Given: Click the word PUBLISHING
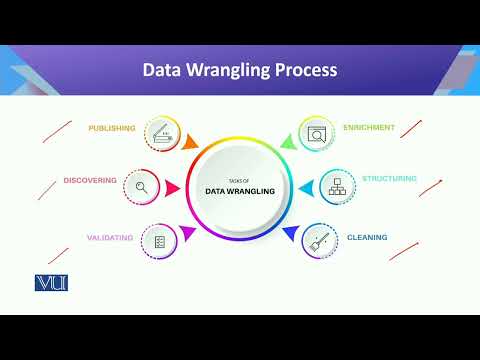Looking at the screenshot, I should click(112, 129).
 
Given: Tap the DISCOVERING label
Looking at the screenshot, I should click(89, 181).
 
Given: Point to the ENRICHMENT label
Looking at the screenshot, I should click(368, 128).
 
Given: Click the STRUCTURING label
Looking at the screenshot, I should click(389, 179).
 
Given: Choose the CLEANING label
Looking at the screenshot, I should click(367, 237).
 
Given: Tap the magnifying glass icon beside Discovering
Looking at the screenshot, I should click(141, 186).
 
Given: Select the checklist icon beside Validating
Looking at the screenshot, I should click(159, 241).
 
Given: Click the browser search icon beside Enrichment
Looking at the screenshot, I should click(317, 132).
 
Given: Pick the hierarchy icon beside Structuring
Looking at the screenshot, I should click(337, 186).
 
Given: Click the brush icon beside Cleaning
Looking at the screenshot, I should click(318, 240).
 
